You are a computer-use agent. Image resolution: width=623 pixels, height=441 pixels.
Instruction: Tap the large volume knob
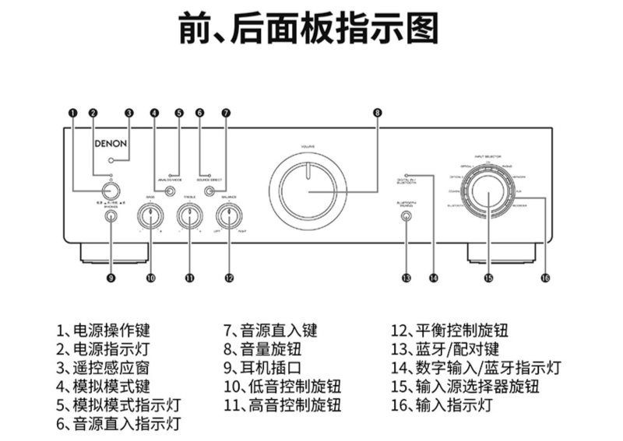tap(308, 191)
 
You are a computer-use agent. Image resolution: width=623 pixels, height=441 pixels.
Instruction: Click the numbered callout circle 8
tap(377, 112)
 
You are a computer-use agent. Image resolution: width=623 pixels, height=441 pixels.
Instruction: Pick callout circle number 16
tap(545, 278)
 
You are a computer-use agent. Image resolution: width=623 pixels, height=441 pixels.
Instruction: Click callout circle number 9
tap(111, 278)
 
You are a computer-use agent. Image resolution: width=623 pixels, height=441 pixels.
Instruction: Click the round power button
tap(111, 191)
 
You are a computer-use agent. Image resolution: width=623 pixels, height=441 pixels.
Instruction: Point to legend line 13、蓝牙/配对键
tap(445, 348)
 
